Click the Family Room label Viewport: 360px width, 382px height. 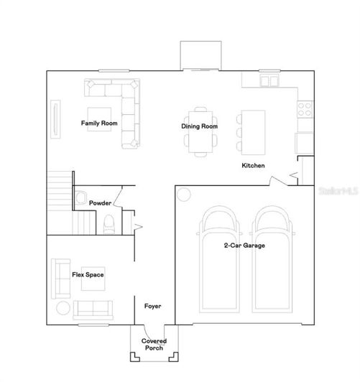[x=98, y=123]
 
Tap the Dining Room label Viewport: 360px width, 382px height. [x=199, y=126]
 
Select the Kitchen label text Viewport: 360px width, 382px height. [x=253, y=166]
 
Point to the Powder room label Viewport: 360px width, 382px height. [x=100, y=203]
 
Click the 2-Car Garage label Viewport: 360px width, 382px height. [x=244, y=246]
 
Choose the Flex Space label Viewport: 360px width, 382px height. [x=88, y=274]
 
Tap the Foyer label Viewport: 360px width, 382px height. [x=152, y=306]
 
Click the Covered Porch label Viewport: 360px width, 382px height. [x=154, y=345]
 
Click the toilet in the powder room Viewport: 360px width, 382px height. [x=109, y=225]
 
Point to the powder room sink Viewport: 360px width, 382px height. [x=80, y=197]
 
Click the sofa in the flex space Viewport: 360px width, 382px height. [x=93, y=309]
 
